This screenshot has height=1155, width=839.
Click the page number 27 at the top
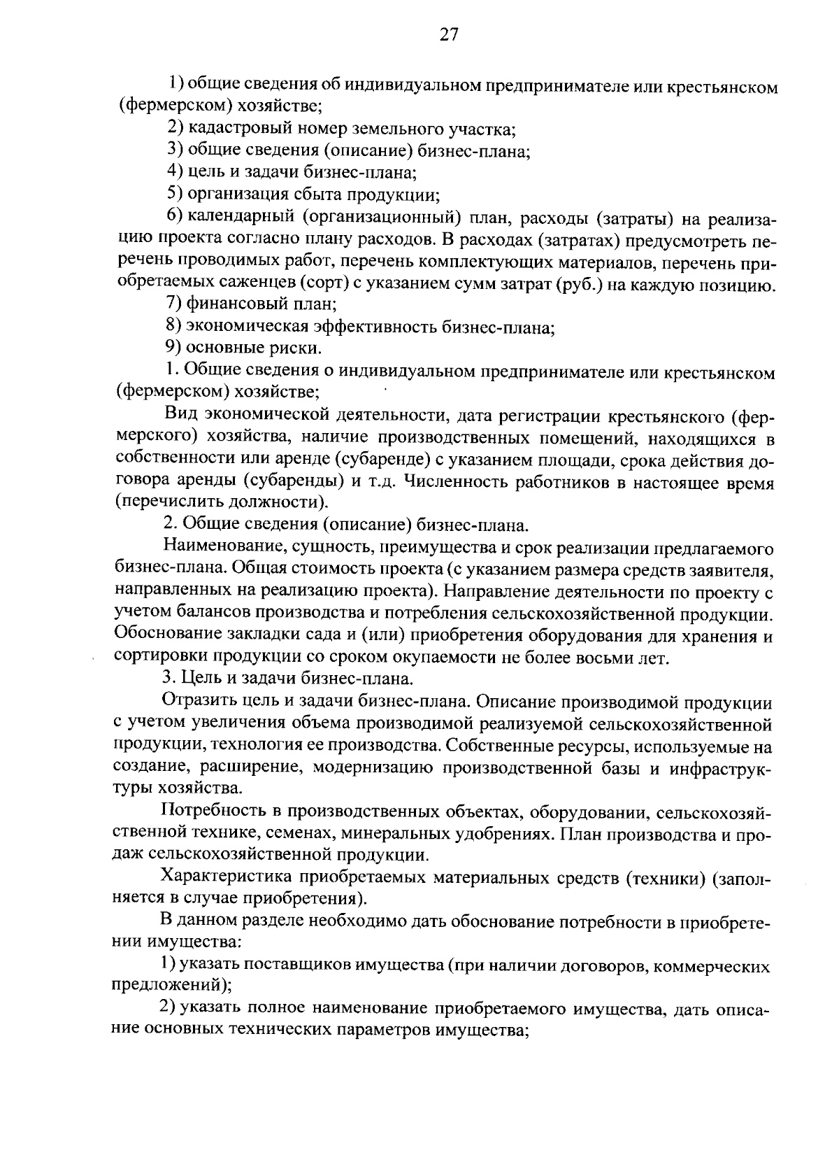point(448,35)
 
